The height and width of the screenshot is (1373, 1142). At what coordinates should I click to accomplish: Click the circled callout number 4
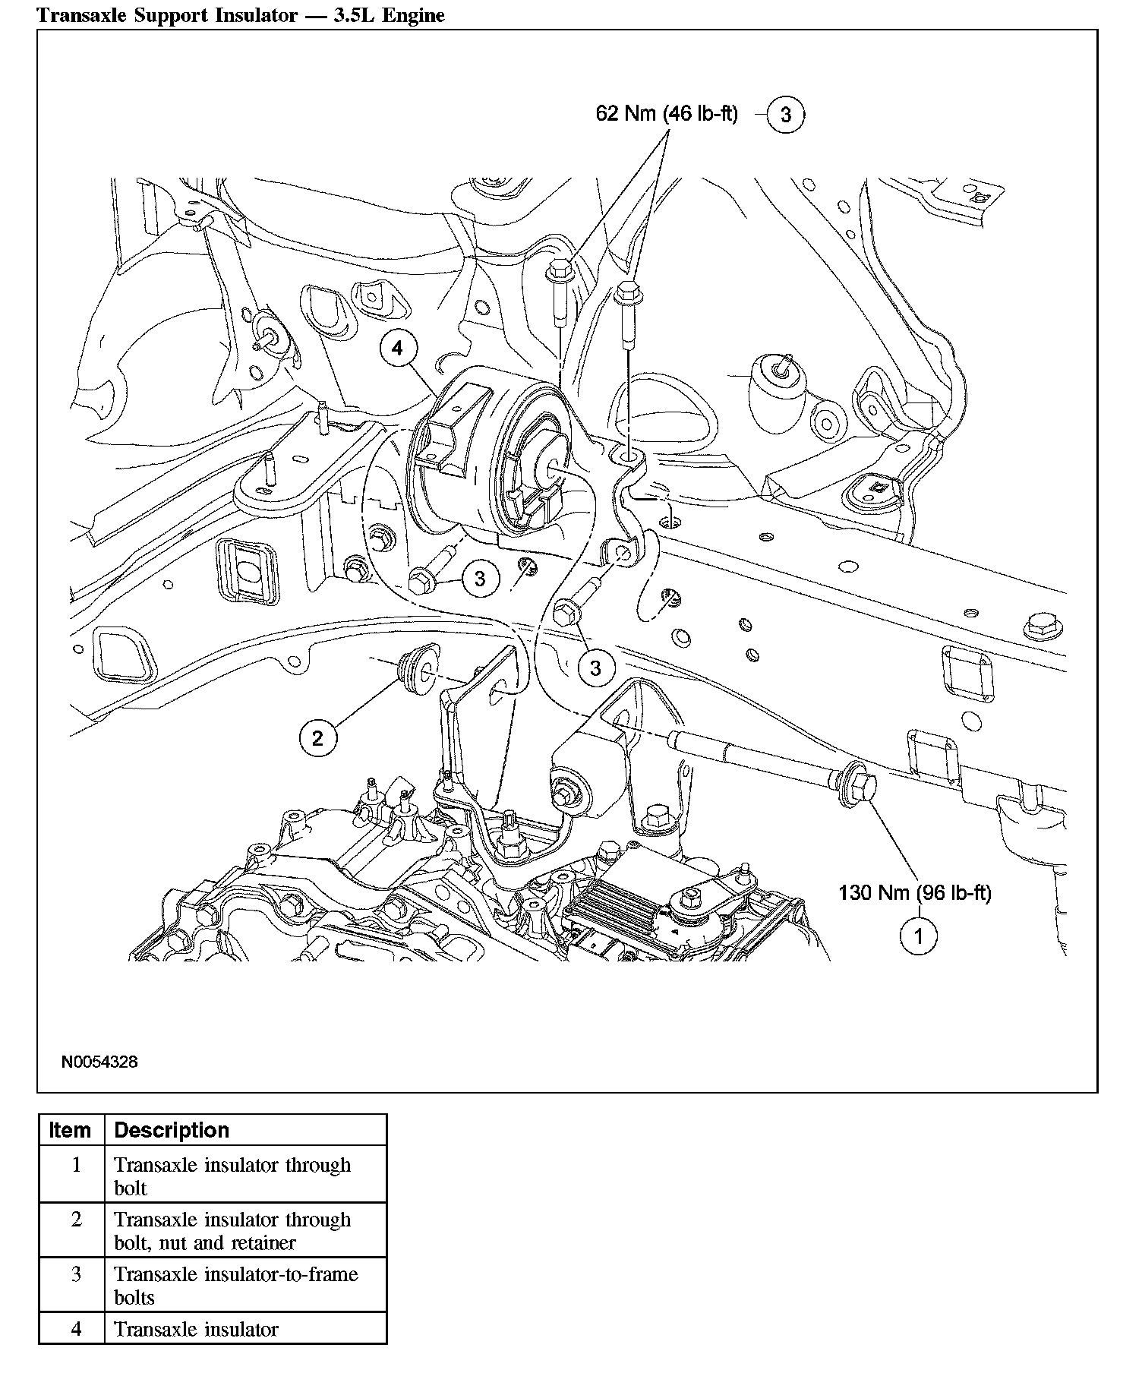tap(398, 349)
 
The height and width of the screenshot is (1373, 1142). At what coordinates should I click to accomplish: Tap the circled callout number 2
tap(317, 737)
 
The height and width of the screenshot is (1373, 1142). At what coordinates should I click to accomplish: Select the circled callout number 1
tap(918, 936)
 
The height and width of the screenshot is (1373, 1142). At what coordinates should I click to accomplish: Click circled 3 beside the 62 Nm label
tap(785, 115)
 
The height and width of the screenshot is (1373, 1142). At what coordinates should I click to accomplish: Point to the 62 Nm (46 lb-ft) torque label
tap(667, 115)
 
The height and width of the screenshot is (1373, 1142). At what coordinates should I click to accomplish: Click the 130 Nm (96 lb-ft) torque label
tap(914, 892)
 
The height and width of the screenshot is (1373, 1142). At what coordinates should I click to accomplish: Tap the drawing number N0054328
tap(99, 1062)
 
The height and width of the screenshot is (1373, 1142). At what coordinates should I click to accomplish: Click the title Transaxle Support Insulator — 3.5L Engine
tap(241, 15)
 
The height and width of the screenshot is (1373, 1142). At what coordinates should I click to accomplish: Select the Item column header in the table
tap(70, 1130)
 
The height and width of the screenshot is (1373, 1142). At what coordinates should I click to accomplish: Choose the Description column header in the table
tap(172, 1130)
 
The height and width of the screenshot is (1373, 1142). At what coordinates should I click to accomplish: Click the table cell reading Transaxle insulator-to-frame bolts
tap(235, 1284)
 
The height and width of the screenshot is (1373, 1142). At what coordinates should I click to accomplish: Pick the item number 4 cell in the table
tap(76, 1329)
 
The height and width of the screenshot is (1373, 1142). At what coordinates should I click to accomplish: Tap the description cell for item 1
tap(232, 1176)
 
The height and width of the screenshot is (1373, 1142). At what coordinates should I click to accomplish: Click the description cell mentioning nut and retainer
tap(232, 1231)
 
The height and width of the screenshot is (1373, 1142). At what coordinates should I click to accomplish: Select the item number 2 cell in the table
tap(76, 1220)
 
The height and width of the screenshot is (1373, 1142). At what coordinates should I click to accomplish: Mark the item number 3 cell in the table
tap(76, 1274)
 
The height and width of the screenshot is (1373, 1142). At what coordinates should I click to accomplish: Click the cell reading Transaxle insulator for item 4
tap(197, 1329)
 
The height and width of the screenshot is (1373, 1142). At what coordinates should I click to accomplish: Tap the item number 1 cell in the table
tap(76, 1164)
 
